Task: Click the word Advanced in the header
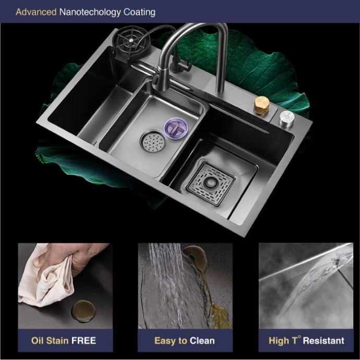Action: coord(36,12)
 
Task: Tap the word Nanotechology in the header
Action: coord(90,13)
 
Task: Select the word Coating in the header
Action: coord(139,13)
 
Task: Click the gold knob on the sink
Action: coord(261,105)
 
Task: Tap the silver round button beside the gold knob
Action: coord(287,118)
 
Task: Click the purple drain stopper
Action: coord(176,128)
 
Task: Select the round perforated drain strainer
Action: coord(153,141)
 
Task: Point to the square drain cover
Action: coord(210,184)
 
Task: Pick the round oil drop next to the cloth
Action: coord(83,310)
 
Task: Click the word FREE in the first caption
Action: coord(83,341)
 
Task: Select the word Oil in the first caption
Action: coord(38,341)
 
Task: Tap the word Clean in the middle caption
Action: coord(202,341)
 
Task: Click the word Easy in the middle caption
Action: coord(165,341)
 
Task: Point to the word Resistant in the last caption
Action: coord(323,341)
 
